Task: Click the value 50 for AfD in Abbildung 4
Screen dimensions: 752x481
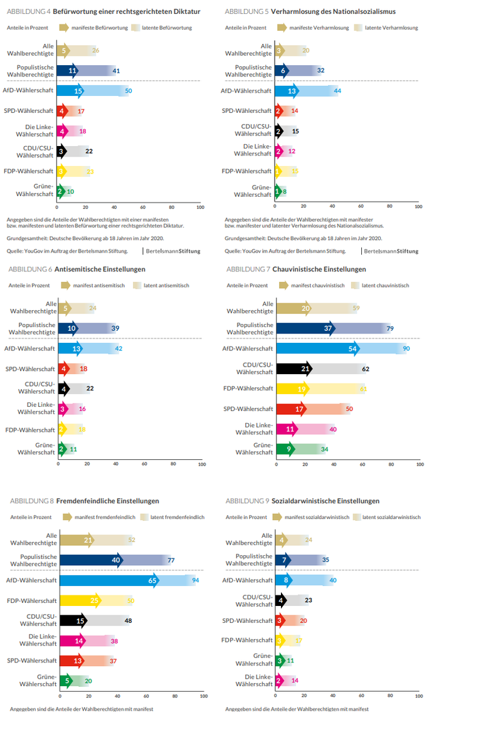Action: [x=128, y=91]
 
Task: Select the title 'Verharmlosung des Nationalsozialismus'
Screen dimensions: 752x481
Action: [x=333, y=12]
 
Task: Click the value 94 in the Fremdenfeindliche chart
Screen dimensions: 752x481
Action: [x=196, y=580]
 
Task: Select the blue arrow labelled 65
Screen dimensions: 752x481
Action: [x=152, y=580]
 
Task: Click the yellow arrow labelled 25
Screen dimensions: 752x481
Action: [x=95, y=600]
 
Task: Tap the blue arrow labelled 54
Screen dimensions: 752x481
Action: [x=353, y=348]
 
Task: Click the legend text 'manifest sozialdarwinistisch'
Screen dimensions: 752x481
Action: [x=317, y=517]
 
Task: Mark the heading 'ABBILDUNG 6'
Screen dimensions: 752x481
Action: [x=29, y=269]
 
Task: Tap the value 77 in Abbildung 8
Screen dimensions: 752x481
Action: [x=171, y=560]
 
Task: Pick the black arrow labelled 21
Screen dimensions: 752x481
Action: [x=306, y=368]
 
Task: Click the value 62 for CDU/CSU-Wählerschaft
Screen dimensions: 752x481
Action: [x=365, y=368]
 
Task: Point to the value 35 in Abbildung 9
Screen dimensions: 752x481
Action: [x=325, y=560]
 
